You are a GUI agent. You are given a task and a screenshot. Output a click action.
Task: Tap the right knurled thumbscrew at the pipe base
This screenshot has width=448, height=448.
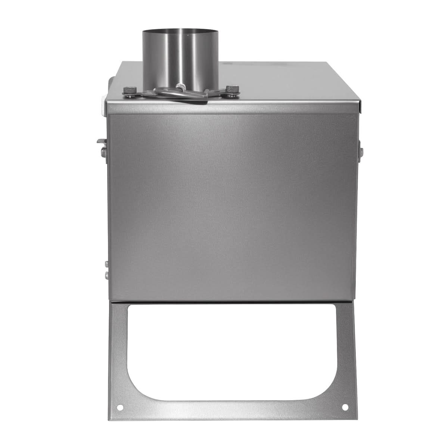point(234,89)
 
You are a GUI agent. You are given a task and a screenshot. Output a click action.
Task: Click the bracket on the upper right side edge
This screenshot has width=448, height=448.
point(360,149)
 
